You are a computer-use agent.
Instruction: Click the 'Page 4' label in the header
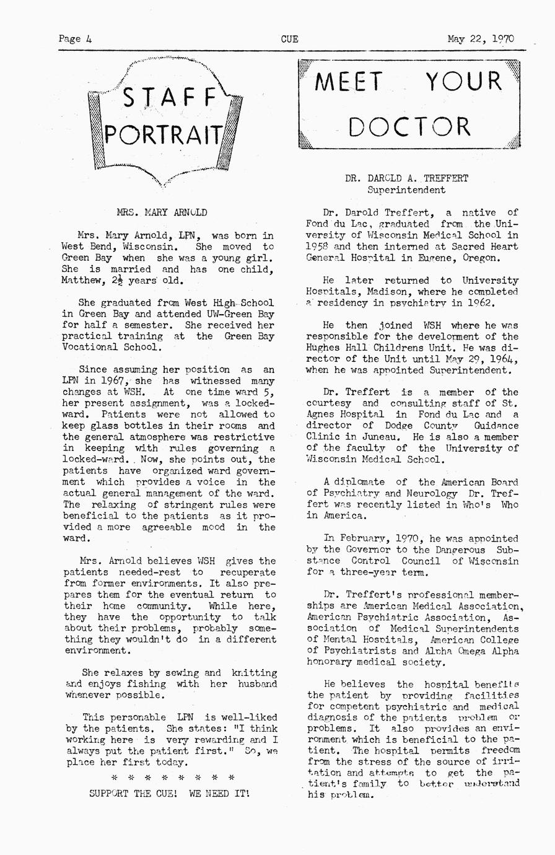[x=75, y=38]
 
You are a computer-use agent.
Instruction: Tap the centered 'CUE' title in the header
[x=289, y=38]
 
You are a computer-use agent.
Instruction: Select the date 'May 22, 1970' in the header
[x=481, y=38]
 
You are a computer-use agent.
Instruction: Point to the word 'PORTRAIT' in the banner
[x=165, y=134]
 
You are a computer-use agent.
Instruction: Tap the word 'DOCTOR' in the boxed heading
[x=409, y=127]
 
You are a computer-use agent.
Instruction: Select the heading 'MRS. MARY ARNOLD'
[x=162, y=213]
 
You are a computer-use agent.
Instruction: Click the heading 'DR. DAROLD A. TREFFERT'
[x=407, y=178]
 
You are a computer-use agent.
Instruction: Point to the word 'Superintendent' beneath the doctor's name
[x=406, y=190]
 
